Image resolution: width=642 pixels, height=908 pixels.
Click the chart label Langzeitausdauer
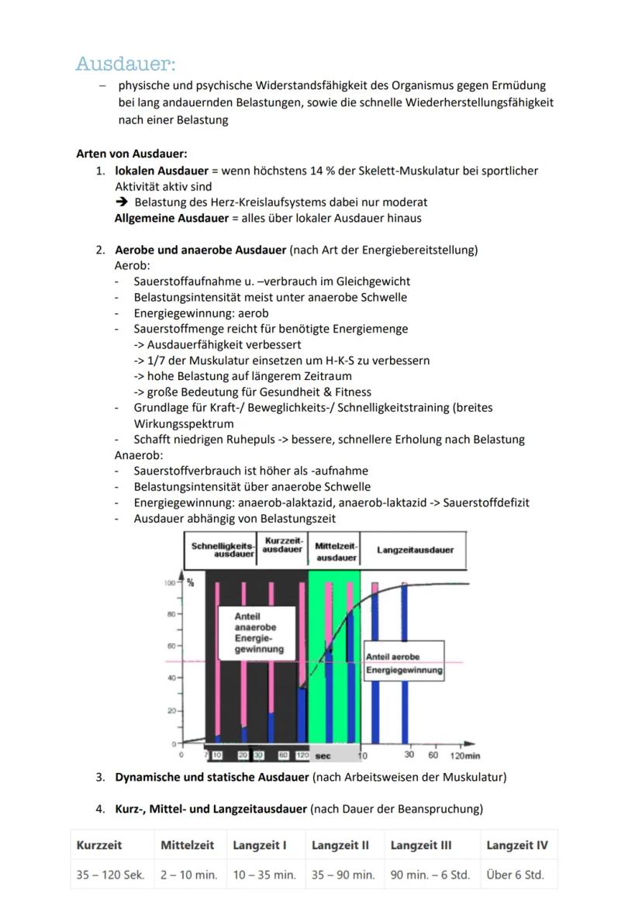point(415,550)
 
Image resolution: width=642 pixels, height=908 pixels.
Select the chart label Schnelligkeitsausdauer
point(223,551)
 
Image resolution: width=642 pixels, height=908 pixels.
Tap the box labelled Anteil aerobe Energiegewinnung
point(404,663)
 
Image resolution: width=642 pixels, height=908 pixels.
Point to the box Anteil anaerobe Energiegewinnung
point(259,633)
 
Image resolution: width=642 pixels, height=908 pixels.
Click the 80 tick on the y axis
point(171,613)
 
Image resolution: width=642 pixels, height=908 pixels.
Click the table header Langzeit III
point(421,845)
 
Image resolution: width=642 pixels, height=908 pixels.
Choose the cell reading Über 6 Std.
point(515,875)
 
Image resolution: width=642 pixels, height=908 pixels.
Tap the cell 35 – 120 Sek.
point(110,875)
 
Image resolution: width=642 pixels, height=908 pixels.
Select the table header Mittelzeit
point(187,845)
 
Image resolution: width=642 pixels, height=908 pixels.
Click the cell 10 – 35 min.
point(264,875)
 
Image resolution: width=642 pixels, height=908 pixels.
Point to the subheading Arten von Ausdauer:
point(131,154)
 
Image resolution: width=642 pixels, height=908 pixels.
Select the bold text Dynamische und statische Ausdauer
point(212,776)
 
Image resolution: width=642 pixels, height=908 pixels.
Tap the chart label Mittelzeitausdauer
point(336,551)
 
